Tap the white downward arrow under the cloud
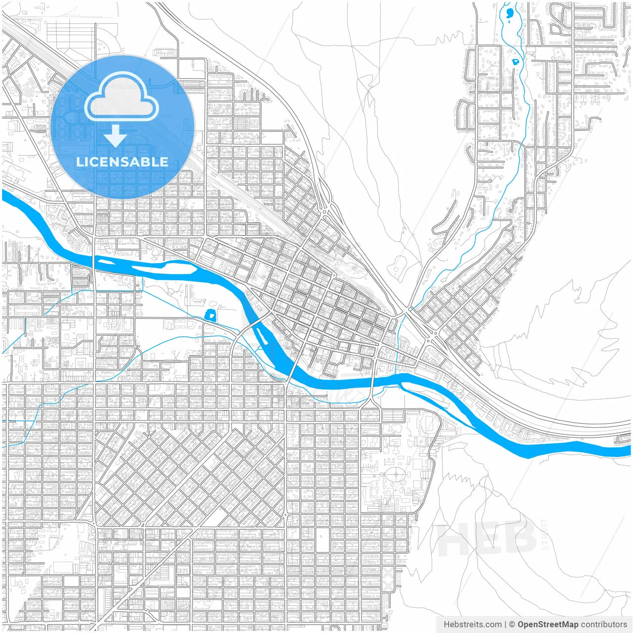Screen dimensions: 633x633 (116, 136)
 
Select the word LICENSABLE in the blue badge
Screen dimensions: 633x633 (122, 162)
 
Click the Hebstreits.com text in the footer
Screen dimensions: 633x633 (472, 625)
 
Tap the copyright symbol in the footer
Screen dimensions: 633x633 (512, 625)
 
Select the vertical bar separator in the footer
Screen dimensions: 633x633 (505, 625)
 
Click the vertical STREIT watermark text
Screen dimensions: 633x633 (545, 535)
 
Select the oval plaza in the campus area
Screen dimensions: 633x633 (396, 476)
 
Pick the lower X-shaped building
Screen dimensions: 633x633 (388, 593)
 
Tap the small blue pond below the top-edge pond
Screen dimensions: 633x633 (515, 62)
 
